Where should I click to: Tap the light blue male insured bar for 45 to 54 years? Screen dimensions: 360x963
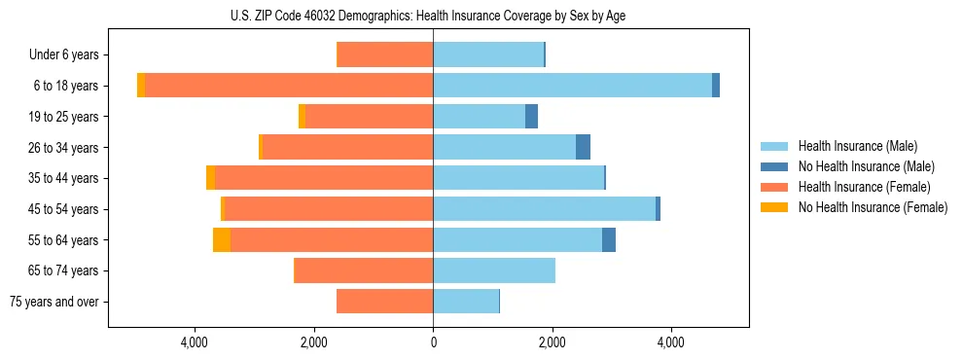coord(545,209)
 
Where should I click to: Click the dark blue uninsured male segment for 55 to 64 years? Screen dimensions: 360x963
coord(609,239)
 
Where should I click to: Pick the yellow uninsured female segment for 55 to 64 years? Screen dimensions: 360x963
coord(222,239)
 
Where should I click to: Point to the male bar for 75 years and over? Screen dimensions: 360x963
coord(466,302)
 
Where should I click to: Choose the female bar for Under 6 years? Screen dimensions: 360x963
coord(384,54)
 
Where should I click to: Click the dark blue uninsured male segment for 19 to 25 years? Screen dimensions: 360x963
coord(531,117)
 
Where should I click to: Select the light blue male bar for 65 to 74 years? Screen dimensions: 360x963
coord(494,270)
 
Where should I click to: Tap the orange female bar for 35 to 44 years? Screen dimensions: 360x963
coord(324,178)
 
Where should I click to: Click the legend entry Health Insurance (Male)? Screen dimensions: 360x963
coord(857,146)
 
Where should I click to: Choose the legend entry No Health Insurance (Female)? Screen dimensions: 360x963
coord(872,207)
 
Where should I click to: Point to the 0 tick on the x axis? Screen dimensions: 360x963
coord(433,342)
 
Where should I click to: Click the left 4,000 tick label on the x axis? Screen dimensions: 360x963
coord(195,342)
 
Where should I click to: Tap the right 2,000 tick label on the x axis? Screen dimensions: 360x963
coord(553,342)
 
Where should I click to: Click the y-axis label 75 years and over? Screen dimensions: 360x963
coord(54,302)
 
